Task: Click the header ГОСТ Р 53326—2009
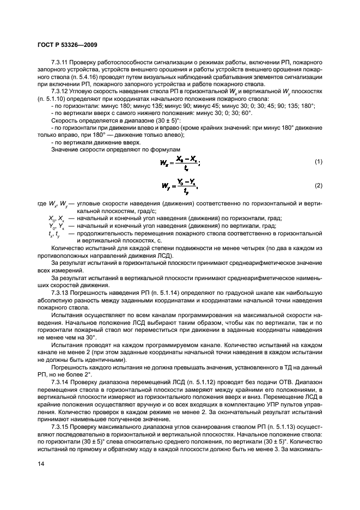click(67, 44)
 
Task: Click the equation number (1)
click(318, 162)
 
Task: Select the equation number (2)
click(318, 186)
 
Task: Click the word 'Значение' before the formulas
click(65, 149)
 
